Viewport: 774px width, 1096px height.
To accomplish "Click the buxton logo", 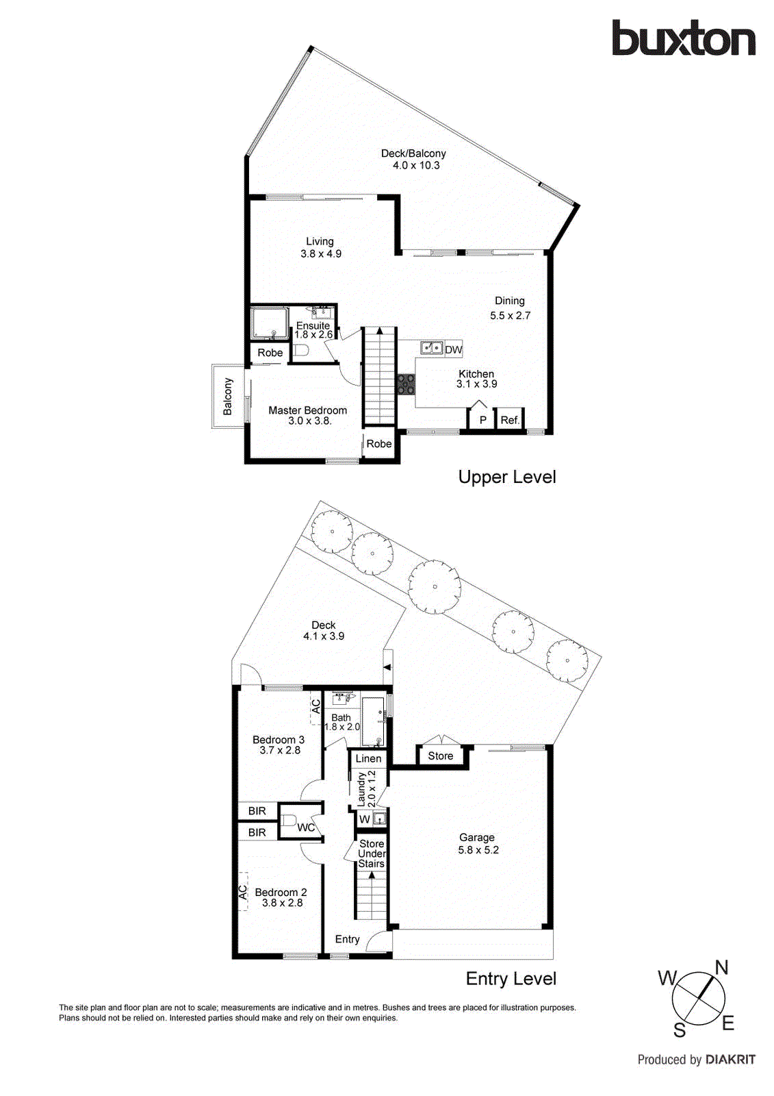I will [x=683, y=38].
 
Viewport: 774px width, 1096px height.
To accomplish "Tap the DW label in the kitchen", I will [x=454, y=349].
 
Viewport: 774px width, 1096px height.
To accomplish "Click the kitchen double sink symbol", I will [x=431, y=348].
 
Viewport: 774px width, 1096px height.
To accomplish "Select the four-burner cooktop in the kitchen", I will [x=406, y=384].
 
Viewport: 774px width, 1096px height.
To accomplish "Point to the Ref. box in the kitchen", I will [x=510, y=420].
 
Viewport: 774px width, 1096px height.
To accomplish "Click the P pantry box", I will [x=482, y=420].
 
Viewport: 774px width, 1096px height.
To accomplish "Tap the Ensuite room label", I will [x=313, y=325].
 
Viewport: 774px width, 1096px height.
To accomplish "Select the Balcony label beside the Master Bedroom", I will [x=228, y=396].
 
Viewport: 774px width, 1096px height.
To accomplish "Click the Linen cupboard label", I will [x=368, y=758].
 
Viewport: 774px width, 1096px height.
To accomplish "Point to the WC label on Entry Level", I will [x=306, y=827].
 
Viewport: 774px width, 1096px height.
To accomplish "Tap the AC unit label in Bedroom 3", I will [x=316, y=706].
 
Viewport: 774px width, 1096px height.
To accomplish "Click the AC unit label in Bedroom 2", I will [x=243, y=892].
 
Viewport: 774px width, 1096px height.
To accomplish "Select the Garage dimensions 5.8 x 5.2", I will [x=478, y=850].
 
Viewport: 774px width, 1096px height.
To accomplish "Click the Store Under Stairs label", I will [x=372, y=854].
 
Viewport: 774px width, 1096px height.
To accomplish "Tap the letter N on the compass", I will [x=721, y=967].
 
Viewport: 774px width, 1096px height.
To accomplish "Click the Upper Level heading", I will [x=507, y=477].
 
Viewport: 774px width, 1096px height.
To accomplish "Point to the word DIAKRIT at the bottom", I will [x=730, y=1060].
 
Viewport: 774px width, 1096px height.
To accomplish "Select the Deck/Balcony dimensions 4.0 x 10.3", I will [x=416, y=165].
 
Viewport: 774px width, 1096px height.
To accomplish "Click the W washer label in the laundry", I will [x=365, y=819].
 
